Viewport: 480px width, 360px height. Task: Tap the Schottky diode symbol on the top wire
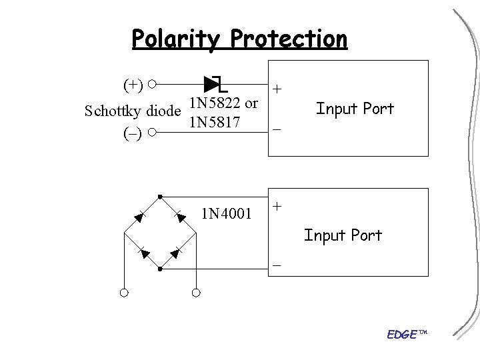(215, 85)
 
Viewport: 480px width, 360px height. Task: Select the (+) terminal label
(133, 85)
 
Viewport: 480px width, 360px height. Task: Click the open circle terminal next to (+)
(153, 85)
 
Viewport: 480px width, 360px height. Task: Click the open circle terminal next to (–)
(153, 133)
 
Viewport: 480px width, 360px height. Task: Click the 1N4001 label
(227, 213)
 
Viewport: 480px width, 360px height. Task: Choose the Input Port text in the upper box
(355, 109)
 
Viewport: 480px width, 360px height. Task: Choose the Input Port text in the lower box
(343, 235)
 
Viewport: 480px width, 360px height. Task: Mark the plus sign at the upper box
(277, 89)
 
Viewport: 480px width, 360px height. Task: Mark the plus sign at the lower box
(277, 206)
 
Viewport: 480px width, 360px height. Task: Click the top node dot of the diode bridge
(160, 196)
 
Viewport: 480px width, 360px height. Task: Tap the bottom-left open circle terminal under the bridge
(124, 292)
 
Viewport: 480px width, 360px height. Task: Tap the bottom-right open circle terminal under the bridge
(196, 292)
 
